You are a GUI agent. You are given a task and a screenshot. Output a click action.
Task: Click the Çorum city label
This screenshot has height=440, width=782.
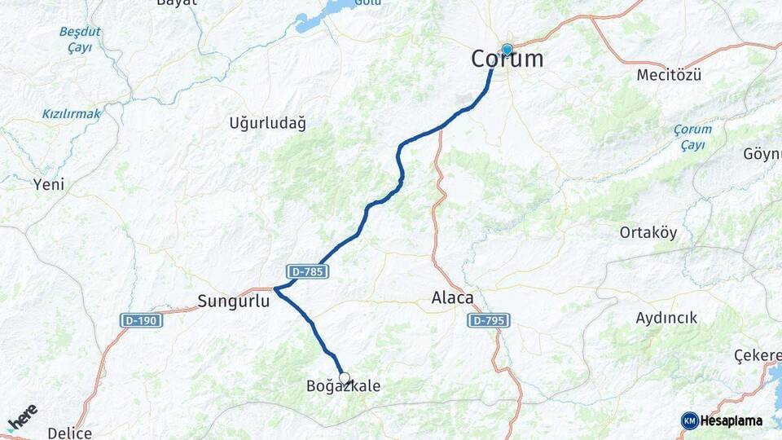pos(507,59)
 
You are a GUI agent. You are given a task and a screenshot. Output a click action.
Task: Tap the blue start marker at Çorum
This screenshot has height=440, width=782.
pos(507,51)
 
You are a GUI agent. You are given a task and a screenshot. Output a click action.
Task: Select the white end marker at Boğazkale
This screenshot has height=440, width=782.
pos(345,378)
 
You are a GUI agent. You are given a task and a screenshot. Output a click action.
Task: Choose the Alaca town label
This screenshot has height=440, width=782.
pos(452,299)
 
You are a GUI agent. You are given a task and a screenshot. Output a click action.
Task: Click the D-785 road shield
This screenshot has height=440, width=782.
pos(307,271)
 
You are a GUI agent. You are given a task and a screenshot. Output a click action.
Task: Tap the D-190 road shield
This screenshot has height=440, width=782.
pos(142,320)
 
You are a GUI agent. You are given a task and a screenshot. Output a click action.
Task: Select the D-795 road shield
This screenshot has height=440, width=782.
pos(489,320)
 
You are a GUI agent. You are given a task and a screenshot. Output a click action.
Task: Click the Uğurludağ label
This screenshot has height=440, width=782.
pos(267,124)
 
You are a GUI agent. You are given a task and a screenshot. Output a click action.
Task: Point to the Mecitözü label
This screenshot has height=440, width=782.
pos(669,75)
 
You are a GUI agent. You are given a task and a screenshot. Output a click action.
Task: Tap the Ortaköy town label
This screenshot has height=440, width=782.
pos(648,232)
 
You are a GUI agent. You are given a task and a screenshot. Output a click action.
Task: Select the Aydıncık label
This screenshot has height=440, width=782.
pos(666,318)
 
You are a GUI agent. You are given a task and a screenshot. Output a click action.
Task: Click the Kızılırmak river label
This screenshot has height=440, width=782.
pos(72,114)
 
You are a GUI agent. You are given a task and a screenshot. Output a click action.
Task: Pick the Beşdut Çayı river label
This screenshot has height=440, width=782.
pos(80,40)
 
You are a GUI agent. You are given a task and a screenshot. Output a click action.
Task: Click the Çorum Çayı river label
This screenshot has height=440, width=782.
pos(692,137)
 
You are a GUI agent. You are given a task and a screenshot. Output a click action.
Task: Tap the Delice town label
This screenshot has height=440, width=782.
pos(69,433)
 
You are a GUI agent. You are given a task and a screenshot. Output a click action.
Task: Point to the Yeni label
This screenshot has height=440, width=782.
pos(48,185)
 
